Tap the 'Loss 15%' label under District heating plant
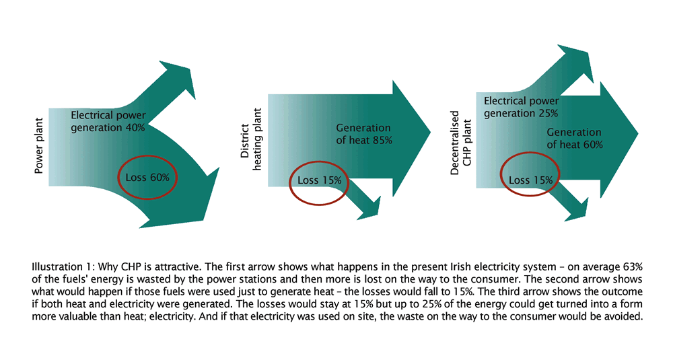tap(319, 180)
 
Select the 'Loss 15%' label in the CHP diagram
tap(531, 180)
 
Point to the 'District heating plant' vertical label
tap(250, 147)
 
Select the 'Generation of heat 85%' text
tap(363, 134)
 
